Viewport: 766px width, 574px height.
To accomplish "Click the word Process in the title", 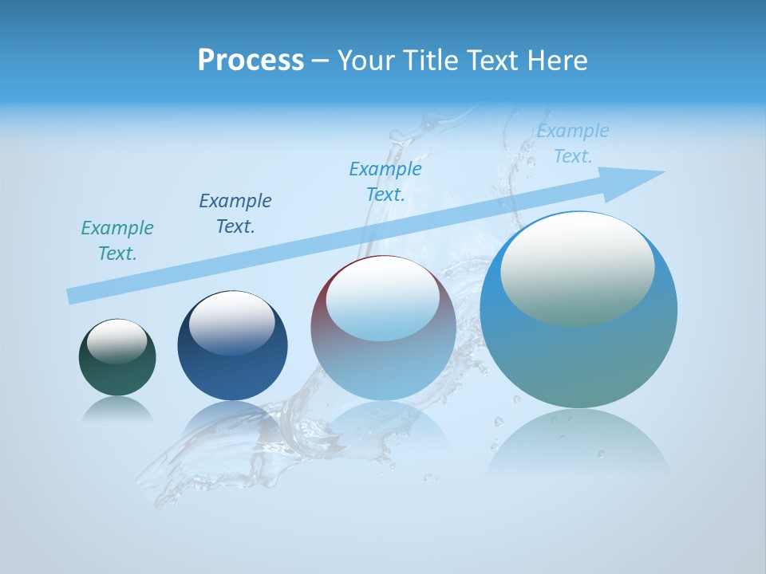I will coord(251,61).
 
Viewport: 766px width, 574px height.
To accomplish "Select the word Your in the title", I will coord(365,61).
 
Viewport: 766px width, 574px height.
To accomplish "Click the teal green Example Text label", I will coord(117,241).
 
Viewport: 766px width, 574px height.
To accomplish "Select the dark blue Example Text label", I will coord(235,214).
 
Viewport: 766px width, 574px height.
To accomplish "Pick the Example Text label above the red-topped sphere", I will coord(385,182).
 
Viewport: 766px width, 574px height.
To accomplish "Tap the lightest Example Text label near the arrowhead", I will coord(573,143).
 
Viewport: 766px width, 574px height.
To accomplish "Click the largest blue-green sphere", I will coord(578,359).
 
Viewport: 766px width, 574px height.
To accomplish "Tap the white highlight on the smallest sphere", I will coord(116,340).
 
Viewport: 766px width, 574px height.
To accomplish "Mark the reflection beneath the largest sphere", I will coord(578,442).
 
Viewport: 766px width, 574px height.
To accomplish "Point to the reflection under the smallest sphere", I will coord(117,409).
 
